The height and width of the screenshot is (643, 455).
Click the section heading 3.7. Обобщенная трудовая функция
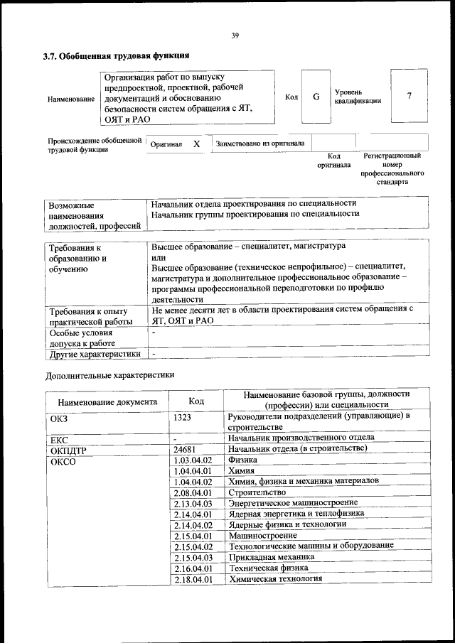[116, 55]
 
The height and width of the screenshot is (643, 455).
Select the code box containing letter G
[316, 97]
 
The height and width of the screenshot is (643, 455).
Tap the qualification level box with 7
[409, 97]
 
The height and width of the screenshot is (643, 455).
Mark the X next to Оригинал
[196, 144]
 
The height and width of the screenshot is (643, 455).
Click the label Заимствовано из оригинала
[260, 144]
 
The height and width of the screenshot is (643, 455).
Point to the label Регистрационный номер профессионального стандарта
[392, 168]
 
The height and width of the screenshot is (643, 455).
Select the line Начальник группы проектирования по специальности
[255, 213]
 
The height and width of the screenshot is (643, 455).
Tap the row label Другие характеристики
[92, 353]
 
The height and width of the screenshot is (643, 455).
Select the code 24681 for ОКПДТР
[183, 449]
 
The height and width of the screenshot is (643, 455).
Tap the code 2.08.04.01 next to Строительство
[193, 492]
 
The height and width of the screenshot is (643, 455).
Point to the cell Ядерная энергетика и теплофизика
[296, 513]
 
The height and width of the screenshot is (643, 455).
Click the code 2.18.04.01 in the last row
[193, 579]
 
